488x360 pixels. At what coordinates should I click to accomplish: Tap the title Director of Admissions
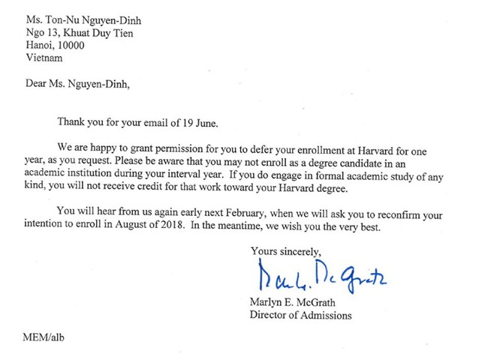click(x=300, y=315)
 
